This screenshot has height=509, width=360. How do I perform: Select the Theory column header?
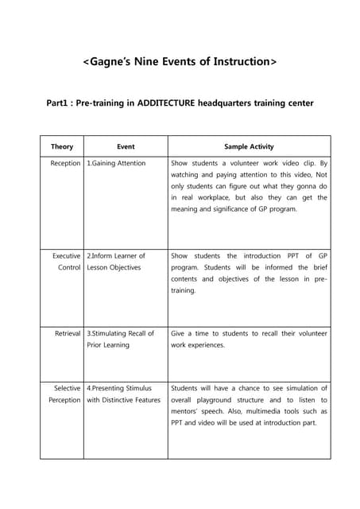tap(62, 147)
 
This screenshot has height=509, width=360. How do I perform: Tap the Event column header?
tap(126, 147)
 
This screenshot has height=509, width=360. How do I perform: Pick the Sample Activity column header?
tap(249, 147)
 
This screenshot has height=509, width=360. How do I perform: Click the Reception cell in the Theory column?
tap(65, 163)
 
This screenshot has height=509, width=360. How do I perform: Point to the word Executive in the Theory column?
tap(67, 256)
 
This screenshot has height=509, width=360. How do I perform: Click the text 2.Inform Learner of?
tap(116, 256)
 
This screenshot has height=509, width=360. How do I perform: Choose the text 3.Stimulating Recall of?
tap(120, 333)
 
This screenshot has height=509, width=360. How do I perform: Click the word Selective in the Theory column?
tap(67, 388)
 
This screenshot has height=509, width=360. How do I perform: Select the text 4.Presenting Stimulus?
tap(119, 388)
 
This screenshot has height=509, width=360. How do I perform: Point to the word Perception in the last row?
tap(63, 400)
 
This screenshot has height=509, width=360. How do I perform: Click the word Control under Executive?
tap(69, 268)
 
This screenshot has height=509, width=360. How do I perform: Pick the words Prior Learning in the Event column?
tap(113, 345)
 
